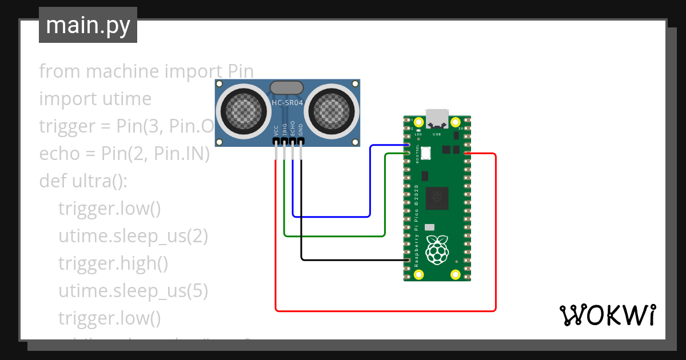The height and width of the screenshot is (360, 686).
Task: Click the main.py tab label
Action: (x=87, y=25)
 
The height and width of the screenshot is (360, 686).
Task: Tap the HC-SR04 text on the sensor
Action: (x=287, y=103)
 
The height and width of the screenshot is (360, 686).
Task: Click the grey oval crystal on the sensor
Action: (x=286, y=87)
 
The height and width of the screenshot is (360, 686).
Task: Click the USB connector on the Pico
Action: (x=438, y=117)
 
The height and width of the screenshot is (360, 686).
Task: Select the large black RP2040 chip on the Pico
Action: (x=437, y=198)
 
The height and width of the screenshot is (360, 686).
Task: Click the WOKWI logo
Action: (x=607, y=315)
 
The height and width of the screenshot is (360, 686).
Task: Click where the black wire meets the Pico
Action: (x=408, y=261)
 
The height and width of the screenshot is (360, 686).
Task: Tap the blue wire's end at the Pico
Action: (x=408, y=146)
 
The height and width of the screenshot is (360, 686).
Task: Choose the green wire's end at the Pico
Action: (x=408, y=154)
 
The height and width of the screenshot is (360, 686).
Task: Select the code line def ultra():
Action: (x=83, y=181)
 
